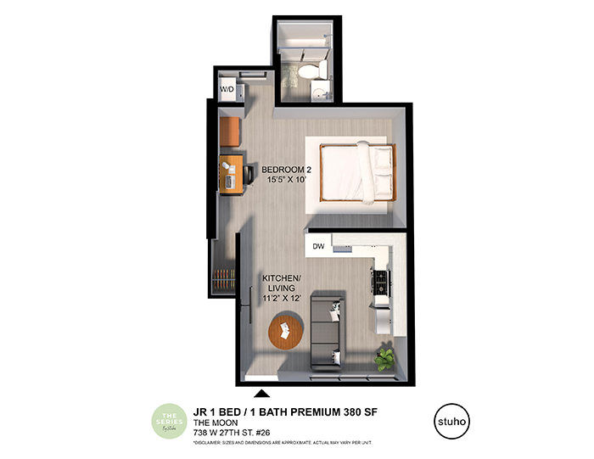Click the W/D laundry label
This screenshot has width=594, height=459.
[227, 88]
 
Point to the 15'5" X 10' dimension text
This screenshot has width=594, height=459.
[285, 181]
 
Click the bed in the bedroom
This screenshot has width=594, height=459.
[356, 171]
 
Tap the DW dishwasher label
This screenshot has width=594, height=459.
[318, 247]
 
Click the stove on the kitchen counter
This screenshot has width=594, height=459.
[379, 280]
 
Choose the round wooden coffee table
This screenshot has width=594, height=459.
[287, 330]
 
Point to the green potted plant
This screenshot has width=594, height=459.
[385, 358]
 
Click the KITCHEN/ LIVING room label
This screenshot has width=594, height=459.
[278, 283]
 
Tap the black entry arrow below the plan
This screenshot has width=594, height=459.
[262, 392]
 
